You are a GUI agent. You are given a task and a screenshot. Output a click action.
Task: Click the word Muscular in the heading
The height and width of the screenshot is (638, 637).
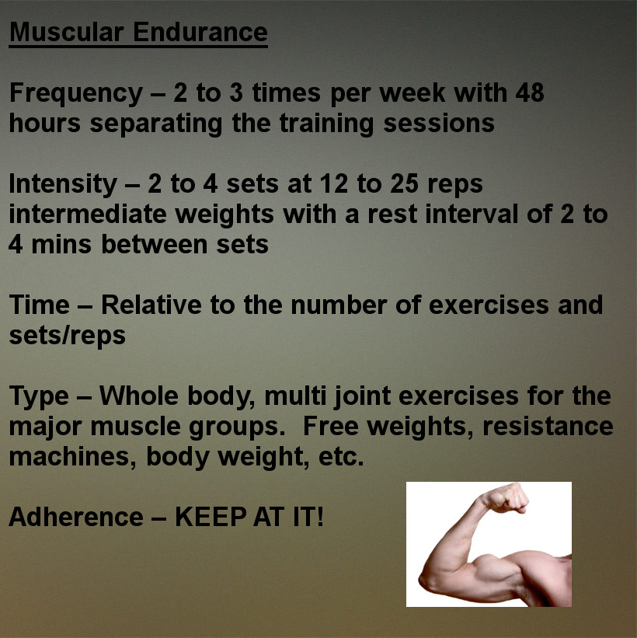click(x=66, y=32)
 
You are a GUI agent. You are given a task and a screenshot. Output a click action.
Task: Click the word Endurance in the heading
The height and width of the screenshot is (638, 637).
click(x=200, y=32)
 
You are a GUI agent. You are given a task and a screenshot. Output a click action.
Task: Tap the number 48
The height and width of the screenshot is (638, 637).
click(x=530, y=92)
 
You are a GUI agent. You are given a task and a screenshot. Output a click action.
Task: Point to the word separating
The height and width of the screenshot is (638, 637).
click(x=156, y=124)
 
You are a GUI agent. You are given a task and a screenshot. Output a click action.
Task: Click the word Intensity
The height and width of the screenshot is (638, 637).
click(x=63, y=184)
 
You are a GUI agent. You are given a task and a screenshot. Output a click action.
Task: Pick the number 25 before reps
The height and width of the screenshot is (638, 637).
click(x=404, y=183)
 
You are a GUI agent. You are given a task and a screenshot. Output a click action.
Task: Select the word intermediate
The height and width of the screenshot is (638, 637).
click(x=88, y=214)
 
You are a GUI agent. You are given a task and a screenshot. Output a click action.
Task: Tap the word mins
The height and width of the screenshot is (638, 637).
click(x=61, y=245)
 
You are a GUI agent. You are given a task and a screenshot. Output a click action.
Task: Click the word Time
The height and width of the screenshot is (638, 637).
click(x=40, y=305)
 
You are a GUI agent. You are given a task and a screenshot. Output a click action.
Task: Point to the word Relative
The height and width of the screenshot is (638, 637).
click(x=151, y=305)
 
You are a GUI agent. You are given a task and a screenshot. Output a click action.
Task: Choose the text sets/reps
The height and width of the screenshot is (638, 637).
click(x=67, y=336)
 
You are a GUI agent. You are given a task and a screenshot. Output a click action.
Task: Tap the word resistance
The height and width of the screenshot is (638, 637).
click(x=548, y=427)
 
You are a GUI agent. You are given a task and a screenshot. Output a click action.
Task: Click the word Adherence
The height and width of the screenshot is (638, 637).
click(x=76, y=517)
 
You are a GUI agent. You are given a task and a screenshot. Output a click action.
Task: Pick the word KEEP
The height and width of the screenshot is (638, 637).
click(x=211, y=517)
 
